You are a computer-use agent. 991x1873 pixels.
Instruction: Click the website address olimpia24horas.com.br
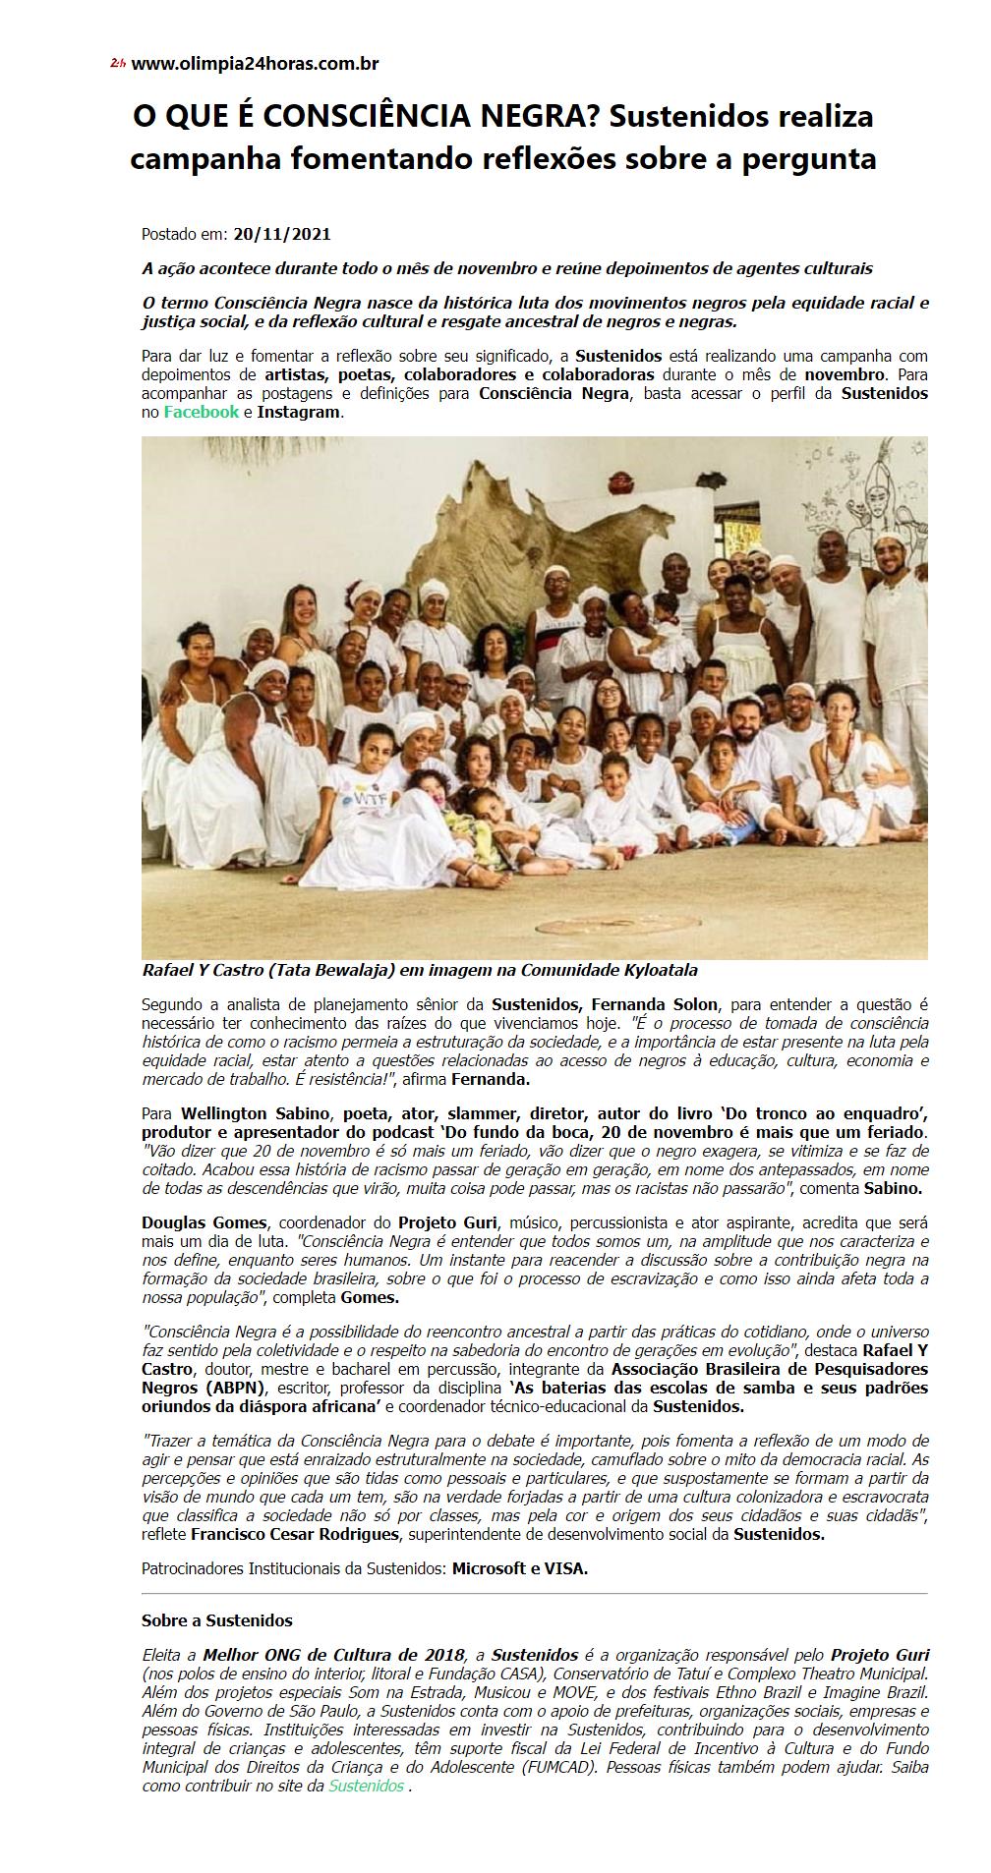(255, 64)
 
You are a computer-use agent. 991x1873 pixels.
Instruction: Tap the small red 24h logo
(118, 64)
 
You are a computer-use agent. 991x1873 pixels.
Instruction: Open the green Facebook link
(201, 412)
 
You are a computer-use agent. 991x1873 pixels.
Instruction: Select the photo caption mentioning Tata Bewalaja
(420, 970)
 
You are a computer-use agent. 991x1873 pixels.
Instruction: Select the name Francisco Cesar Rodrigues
(295, 1533)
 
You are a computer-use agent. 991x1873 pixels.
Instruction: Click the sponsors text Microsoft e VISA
(519, 1568)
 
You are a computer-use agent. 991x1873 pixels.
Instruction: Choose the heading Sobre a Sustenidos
(217, 1620)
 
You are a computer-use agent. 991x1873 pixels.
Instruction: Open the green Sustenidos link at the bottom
(366, 1786)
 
